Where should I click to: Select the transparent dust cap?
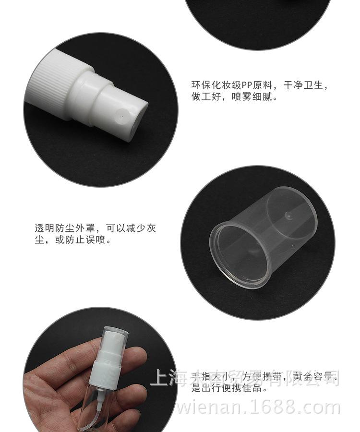tap(264, 236)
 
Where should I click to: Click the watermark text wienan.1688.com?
tap(259, 408)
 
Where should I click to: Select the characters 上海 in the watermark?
tap(166, 378)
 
